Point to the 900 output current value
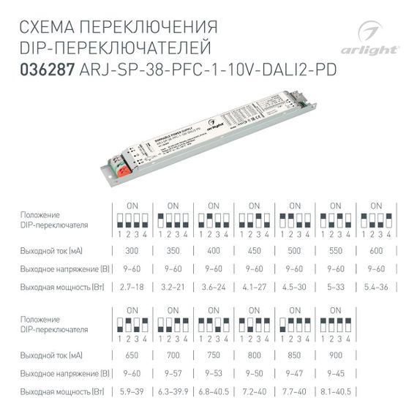tap(336, 355)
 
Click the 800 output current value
tap(255, 355)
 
